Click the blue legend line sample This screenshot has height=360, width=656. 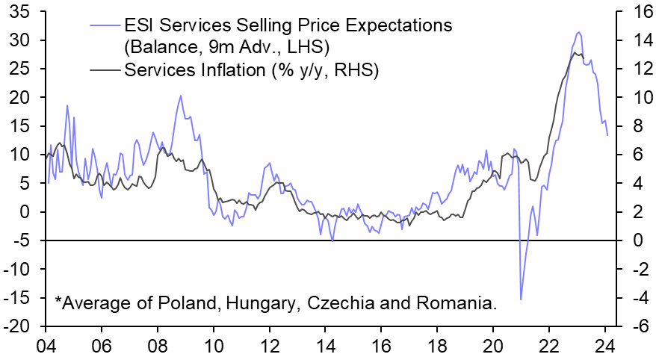point(105,25)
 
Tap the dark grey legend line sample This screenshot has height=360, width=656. point(105,72)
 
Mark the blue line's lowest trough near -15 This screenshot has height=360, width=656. point(521,299)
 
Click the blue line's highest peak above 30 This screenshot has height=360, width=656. point(578,32)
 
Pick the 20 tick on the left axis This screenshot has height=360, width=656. point(20,97)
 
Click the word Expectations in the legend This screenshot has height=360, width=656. point(389,25)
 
